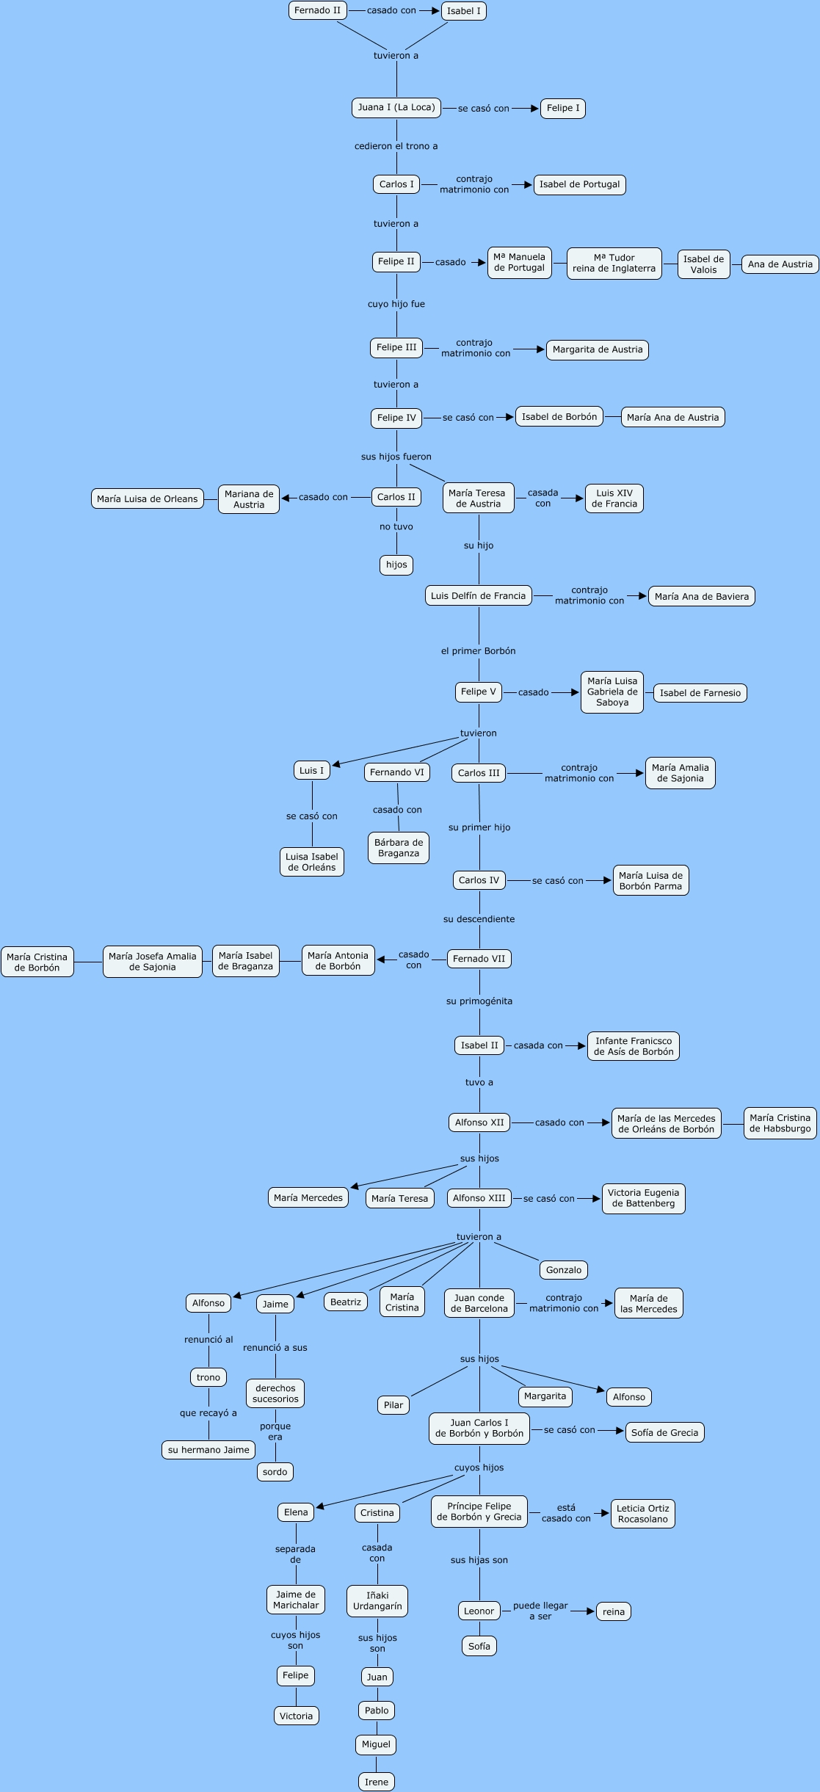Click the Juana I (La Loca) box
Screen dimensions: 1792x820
coord(396,108)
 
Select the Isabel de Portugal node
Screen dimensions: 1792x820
coord(579,185)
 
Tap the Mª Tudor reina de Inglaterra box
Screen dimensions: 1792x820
coord(614,264)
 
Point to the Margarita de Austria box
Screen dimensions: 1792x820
coord(597,350)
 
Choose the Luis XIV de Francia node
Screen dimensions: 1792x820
coord(614,498)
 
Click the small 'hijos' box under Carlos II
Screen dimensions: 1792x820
coord(396,565)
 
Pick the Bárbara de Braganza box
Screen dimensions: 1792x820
coord(398,848)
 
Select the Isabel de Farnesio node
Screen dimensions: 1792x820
coord(700,693)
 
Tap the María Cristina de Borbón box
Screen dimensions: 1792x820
coord(37,962)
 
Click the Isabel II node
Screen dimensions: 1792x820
coord(479,1045)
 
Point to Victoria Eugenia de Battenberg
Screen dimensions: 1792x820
coord(643,1198)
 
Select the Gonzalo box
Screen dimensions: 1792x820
coord(563,1270)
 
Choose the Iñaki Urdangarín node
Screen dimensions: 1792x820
coord(377,1600)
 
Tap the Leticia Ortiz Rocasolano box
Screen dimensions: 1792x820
coord(642,1514)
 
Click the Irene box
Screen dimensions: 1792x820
coord(377,1782)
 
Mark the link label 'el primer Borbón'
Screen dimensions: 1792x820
coord(479,651)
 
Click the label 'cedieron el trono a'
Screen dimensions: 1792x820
coord(396,146)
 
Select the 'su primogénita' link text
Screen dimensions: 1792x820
coord(479,1001)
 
